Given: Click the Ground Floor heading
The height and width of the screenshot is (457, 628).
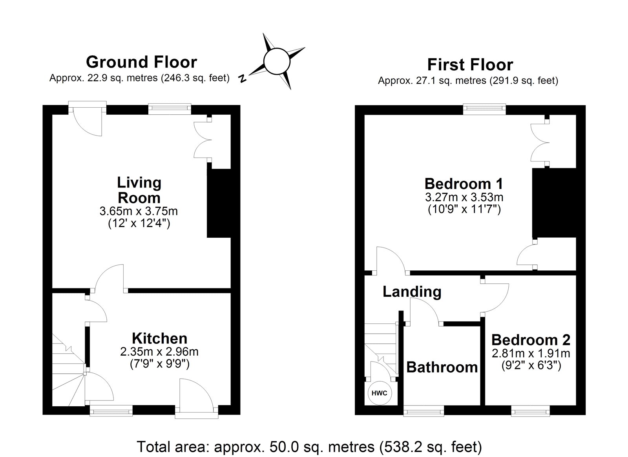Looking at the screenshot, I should coord(141,62).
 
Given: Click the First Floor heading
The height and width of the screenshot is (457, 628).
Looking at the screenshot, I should coord(470,64).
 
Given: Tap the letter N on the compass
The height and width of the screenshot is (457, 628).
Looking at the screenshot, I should coord(243,79).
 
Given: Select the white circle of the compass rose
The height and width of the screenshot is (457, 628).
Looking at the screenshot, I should coord(276,61).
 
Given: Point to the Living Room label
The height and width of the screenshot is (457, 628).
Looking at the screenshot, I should coord(139,190).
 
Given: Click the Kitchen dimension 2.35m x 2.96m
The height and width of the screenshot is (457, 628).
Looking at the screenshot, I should coord(159,351).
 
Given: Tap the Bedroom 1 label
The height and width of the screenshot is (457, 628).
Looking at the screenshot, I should coord(464,184).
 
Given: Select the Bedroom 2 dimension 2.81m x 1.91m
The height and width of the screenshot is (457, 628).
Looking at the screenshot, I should coord(531,353).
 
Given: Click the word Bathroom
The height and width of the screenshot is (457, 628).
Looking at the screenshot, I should coord(442,367).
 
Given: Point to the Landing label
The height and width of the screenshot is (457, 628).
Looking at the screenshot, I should coord(412,292).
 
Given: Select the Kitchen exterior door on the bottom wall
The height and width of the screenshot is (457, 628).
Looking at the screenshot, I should coord(196,397).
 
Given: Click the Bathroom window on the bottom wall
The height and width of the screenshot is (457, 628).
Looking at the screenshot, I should coord(424,412).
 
